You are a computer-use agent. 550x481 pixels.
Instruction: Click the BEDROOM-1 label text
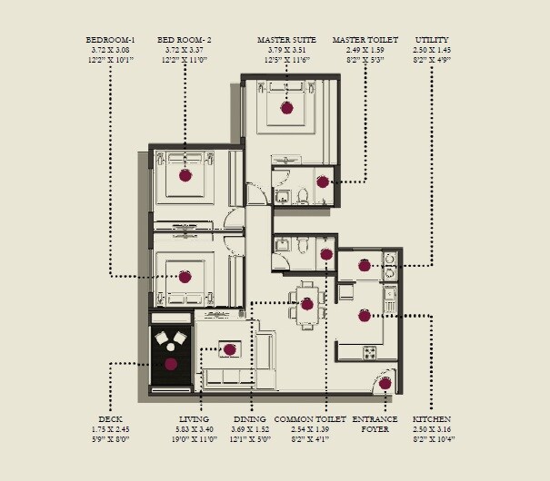pos(110,40)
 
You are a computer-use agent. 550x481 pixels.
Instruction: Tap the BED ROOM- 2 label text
pos(185,40)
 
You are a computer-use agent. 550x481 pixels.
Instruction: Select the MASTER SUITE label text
pos(286,40)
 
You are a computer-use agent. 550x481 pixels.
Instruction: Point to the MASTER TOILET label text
pos(365,40)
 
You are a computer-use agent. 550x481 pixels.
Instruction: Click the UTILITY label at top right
pos(432,40)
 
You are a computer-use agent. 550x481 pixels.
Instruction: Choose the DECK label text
pos(111,419)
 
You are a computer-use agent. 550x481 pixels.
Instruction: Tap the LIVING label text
pos(194,419)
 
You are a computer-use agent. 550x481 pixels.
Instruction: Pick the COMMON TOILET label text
pos(310,419)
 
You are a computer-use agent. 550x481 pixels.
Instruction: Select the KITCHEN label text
pos(432,419)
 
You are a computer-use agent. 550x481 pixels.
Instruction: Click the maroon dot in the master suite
pos(287,108)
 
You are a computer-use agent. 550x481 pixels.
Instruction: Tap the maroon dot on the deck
pos(171,364)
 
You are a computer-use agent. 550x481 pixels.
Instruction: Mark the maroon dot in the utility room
pos(365,266)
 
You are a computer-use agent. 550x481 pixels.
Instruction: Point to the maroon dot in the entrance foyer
pos(385,383)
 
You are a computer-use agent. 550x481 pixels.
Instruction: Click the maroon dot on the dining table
pos(307,303)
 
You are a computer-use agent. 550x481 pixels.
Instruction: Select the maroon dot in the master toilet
pos(323,182)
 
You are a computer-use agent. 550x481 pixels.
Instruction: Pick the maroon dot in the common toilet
pos(326,255)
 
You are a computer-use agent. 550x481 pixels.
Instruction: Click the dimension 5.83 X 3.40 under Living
pos(195,429)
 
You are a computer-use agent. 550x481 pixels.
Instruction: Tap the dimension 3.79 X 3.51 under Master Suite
pos(286,50)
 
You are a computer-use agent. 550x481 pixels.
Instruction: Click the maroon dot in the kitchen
pos(364,316)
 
